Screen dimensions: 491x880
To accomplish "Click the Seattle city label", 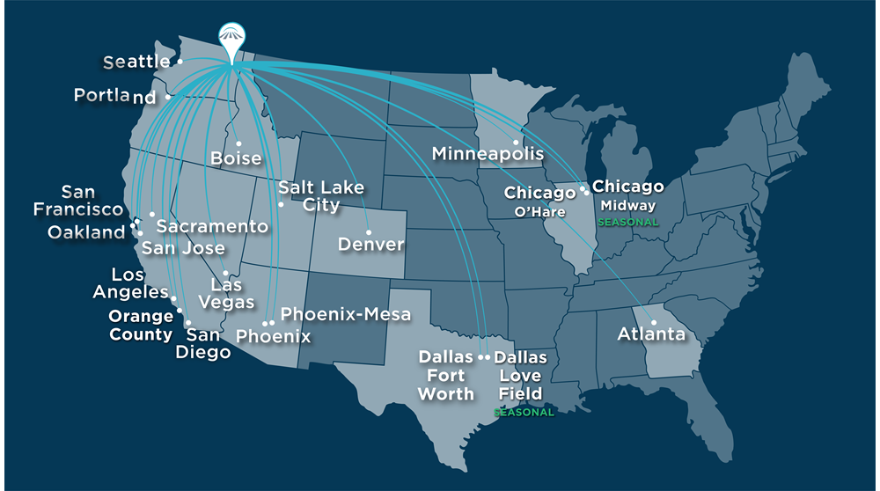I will click(x=136, y=62).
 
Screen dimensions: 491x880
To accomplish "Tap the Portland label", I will click(x=114, y=95).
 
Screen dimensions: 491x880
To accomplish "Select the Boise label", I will click(x=236, y=158).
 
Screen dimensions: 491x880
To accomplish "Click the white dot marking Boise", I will click(x=238, y=143).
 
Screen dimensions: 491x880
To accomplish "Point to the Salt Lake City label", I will click(x=320, y=196).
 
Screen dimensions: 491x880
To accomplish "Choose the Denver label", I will click(x=370, y=244).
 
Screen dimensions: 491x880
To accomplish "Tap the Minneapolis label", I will click(x=488, y=154).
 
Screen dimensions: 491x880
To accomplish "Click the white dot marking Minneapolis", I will click(x=515, y=143).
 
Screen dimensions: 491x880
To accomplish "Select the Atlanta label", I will click(x=651, y=334).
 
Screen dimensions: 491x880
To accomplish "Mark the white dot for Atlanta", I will click(x=654, y=322).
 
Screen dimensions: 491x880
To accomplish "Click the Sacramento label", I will click(x=212, y=226).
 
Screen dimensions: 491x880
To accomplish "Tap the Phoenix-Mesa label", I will click(x=346, y=314).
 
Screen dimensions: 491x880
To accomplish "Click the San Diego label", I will click(x=209, y=343).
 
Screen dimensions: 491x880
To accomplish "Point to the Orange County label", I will click(x=141, y=325).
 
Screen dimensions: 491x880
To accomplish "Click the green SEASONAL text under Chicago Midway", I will click(x=627, y=223).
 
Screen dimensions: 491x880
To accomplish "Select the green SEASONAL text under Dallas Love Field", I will click(x=524, y=413).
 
